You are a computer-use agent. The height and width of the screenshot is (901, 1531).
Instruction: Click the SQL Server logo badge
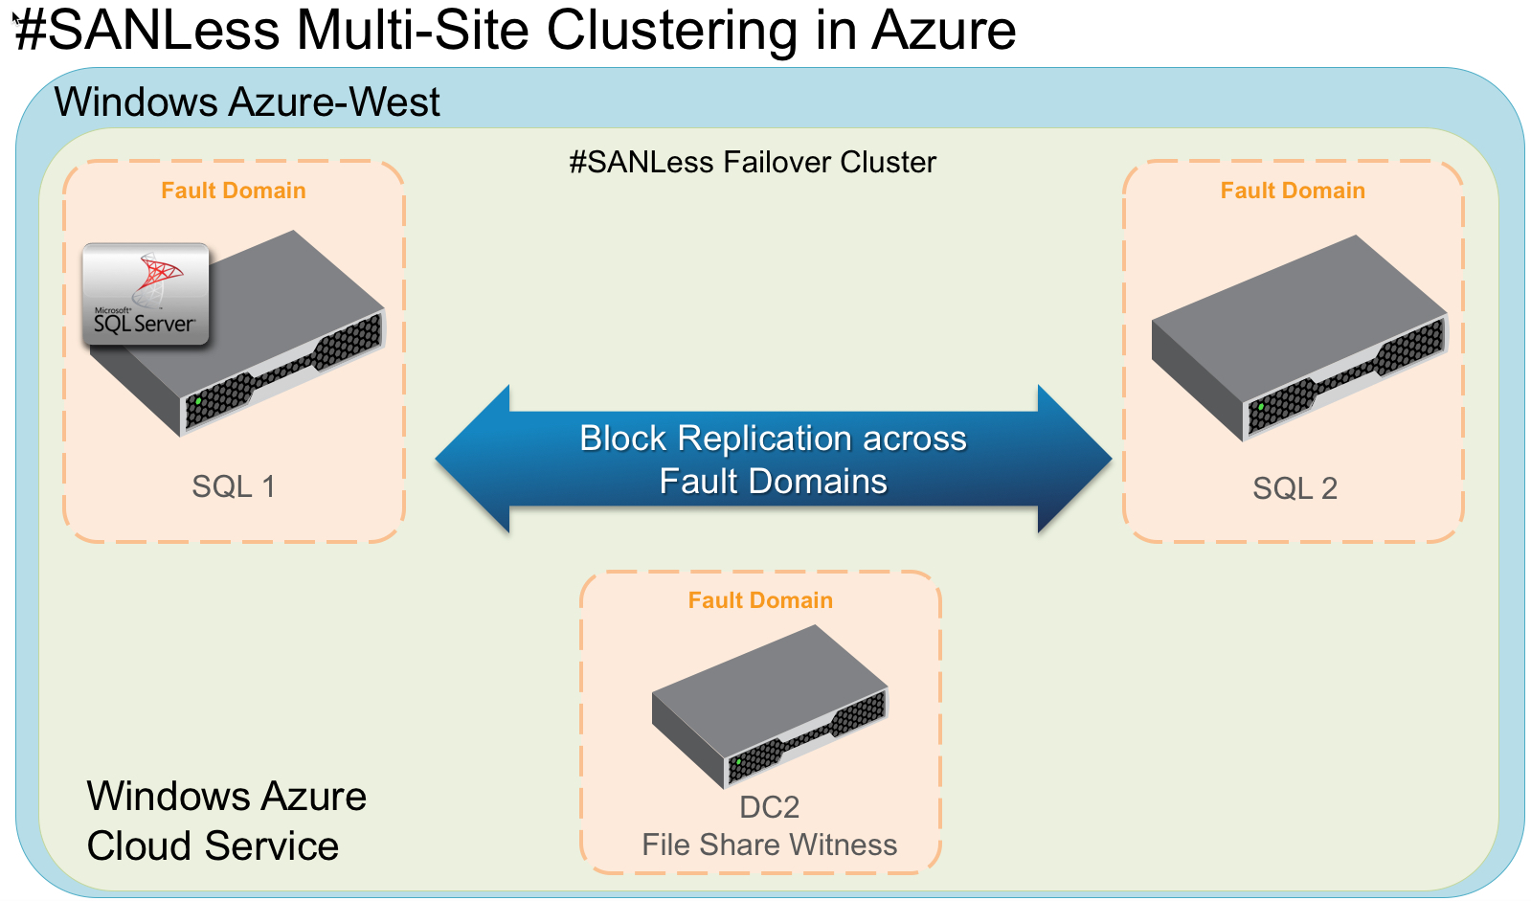[146, 294]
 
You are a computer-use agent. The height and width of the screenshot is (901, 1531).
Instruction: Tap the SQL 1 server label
[234, 486]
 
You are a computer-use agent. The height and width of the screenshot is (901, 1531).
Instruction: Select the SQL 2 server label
[1295, 488]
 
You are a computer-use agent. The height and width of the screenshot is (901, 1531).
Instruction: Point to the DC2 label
[769, 807]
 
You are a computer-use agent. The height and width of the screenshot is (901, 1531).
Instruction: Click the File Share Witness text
[769, 845]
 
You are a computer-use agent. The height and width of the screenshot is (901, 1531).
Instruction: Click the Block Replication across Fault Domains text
[773, 460]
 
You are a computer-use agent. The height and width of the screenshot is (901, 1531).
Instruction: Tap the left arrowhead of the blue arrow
[471, 460]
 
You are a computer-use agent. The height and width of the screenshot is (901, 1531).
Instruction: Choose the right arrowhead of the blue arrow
[1075, 460]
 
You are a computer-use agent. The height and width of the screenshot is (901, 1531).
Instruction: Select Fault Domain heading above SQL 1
[234, 191]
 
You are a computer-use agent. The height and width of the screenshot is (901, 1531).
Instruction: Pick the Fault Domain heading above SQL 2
[1293, 191]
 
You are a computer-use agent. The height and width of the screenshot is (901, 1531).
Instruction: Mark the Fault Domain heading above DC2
[760, 600]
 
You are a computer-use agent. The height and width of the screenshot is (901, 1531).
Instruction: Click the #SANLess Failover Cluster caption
[753, 162]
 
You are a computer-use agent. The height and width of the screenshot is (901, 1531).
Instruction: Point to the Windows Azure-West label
[247, 101]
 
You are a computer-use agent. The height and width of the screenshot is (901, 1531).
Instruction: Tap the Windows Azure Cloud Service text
[226, 821]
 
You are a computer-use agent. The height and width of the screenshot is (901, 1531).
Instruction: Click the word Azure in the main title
[943, 31]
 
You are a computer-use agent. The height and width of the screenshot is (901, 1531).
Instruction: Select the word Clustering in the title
[671, 31]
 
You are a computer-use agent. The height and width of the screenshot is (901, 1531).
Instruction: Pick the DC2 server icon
[770, 704]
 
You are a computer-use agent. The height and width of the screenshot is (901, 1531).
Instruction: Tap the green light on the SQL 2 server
[1261, 407]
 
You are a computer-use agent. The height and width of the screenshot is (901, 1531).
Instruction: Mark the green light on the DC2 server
[738, 761]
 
